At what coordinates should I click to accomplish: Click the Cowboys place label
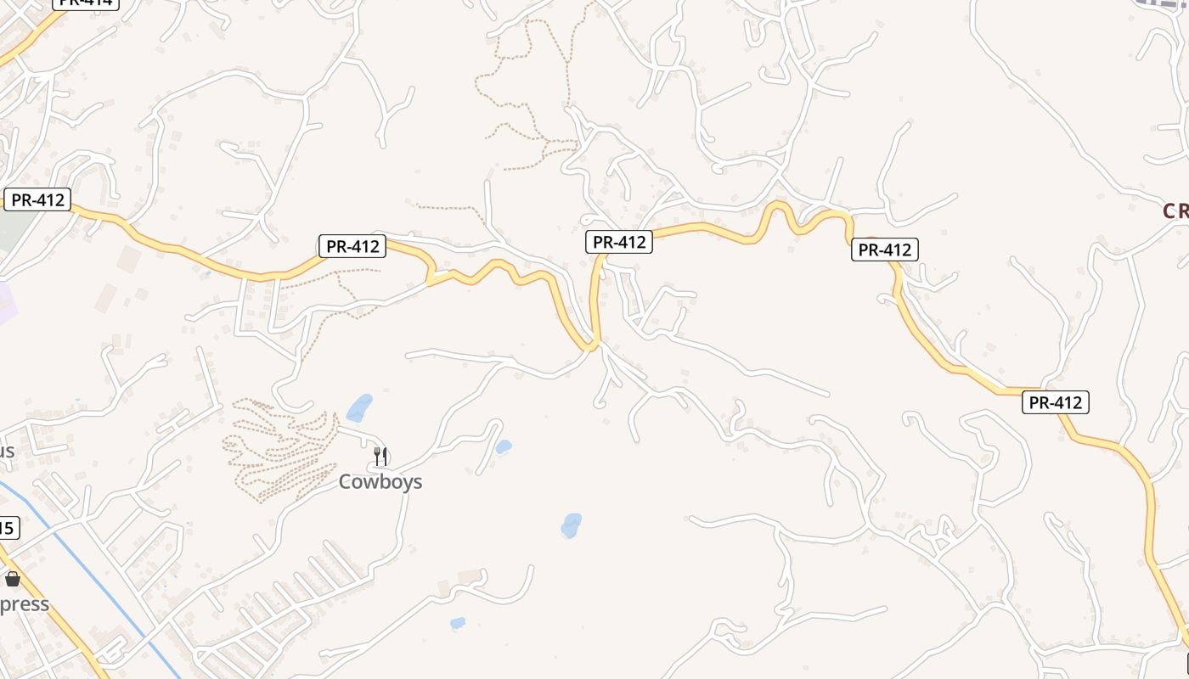coord(380,482)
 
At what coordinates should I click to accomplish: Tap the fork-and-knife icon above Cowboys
coord(380,457)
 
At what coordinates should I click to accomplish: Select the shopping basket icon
coord(13,580)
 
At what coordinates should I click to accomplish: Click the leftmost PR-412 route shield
coord(37,200)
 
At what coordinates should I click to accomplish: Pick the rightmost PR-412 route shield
coord(1055,403)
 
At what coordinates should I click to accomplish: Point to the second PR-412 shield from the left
coord(352,247)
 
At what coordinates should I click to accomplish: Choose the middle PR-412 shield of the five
coord(619,242)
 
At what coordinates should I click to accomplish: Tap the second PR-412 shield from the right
coord(885,250)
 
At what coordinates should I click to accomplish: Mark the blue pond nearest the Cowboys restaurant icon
coord(359,407)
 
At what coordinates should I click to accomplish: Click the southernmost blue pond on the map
coord(458,623)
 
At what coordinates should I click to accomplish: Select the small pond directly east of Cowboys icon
coord(504,446)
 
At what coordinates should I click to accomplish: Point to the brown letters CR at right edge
coord(1175,211)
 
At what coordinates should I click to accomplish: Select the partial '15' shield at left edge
coord(7,528)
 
